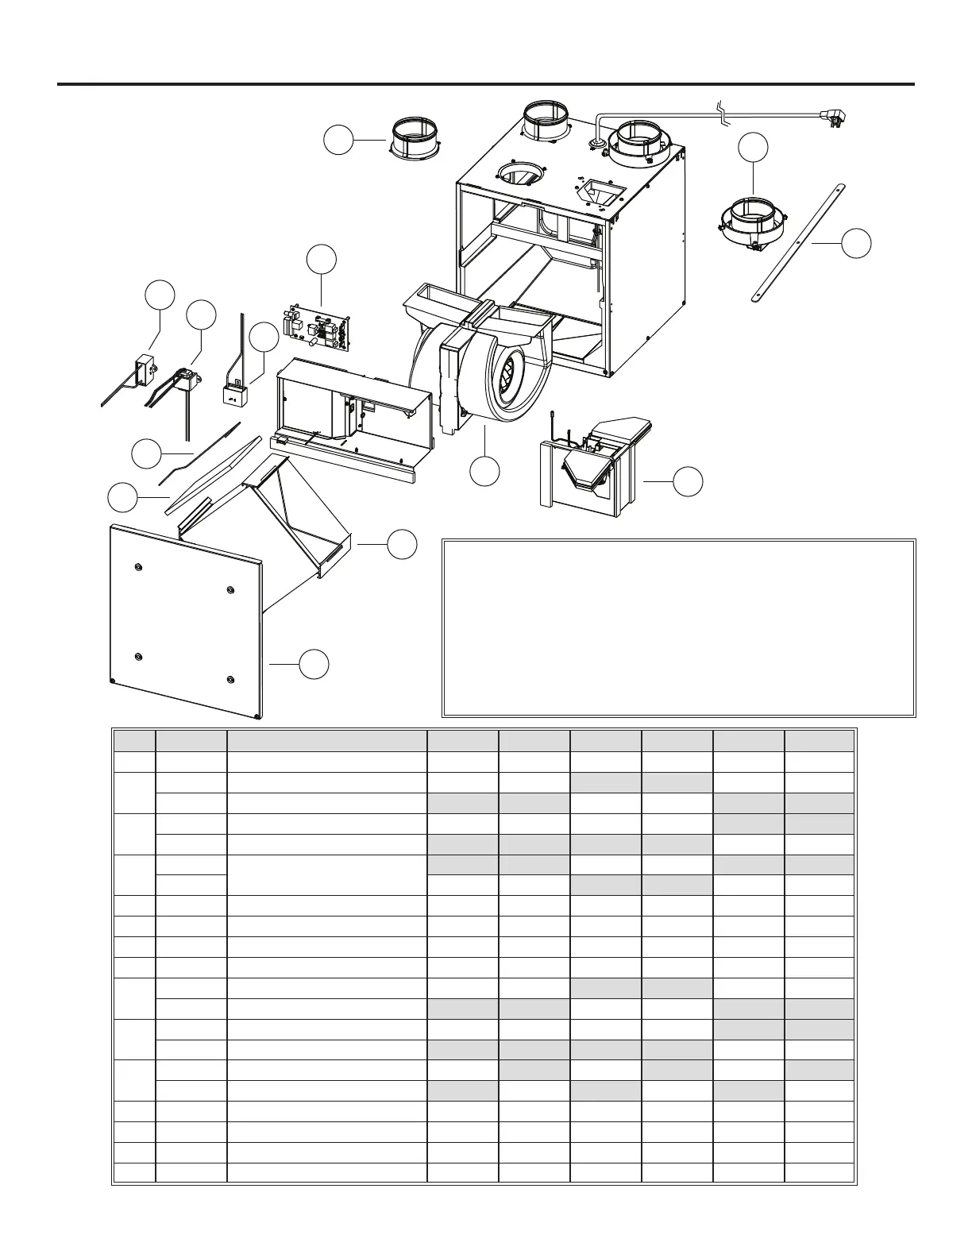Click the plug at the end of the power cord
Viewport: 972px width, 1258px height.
coord(832,120)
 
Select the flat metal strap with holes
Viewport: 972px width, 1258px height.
coord(796,241)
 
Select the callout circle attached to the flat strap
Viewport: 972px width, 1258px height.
coord(856,243)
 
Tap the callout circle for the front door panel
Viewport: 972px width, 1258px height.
coord(314,664)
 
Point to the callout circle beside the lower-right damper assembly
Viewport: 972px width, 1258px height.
coord(688,481)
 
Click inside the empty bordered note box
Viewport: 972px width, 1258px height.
coord(678,628)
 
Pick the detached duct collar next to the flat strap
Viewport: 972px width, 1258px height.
coord(750,222)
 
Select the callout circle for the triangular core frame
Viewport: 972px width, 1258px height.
coord(402,544)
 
